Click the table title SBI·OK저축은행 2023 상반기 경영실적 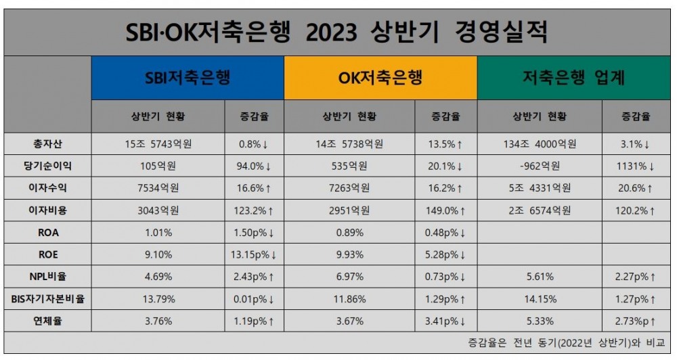tap(337, 32)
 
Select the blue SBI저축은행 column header tap(188, 78)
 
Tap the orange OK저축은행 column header tap(380, 78)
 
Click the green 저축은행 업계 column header tap(573, 78)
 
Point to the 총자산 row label tap(47, 143)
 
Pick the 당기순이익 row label tap(47, 166)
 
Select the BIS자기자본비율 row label tap(47, 298)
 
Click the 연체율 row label tap(47, 321)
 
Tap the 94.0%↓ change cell tap(254, 166)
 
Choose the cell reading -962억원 tap(540, 166)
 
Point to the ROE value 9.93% tap(349, 254)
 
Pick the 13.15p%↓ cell tap(254, 254)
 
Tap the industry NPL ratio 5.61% tap(540, 277)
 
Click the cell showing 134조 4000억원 tap(540, 143)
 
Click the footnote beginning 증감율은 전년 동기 tap(566, 342)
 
